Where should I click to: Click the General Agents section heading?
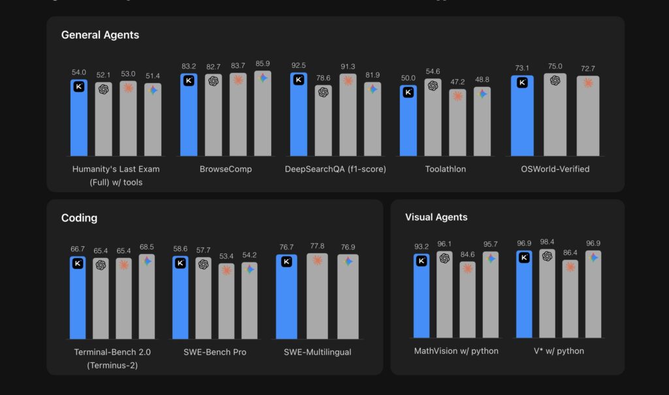click(x=100, y=35)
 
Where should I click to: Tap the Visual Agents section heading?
click(x=436, y=217)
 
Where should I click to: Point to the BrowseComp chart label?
click(x=225, y=169)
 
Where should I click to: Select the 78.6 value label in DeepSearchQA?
click(x=323, y=78)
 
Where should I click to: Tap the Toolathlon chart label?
click(x=445, y=169)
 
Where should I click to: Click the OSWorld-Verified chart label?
click(x=555, y=169)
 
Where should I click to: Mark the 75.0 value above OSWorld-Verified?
click(x=555, y=66)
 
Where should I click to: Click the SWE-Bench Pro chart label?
click(x=215, y=352)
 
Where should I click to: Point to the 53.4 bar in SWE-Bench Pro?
click(x=226, y=304)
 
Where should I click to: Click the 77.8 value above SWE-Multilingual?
click(x=318, y=246)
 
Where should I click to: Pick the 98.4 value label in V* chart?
click(x=547, y=242)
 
